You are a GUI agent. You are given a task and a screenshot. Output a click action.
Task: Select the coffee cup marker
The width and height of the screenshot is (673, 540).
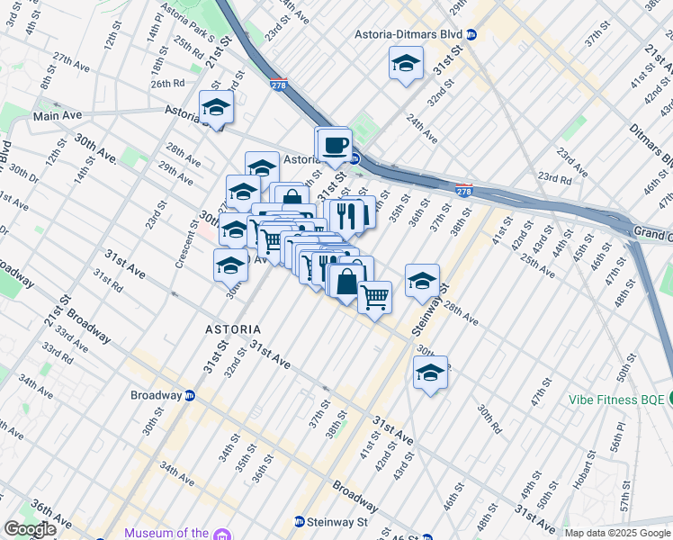pyautogui.click(x=336, y=144)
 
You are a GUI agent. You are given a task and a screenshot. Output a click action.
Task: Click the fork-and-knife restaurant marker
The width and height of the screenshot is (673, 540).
pyautogui.click(x=346, y=215)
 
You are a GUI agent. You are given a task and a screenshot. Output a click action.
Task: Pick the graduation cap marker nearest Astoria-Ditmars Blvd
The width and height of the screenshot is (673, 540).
pyautogui.click(x=406, y=63)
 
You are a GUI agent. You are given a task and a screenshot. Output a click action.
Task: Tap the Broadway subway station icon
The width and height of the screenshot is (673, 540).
pyautogui.click(x=190, y=395)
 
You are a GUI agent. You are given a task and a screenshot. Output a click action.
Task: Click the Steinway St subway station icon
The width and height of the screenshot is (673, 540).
pyautogui.click(x=300, y=521)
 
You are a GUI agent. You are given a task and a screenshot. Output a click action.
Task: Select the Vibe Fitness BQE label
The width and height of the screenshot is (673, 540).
pyautogui.click(x=616, y=400)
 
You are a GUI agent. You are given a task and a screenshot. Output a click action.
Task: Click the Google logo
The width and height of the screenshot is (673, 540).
pyautogui.click(x=29, y=529)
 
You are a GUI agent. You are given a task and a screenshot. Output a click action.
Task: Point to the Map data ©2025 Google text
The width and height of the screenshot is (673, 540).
pyautogui.click(x=617, y=533)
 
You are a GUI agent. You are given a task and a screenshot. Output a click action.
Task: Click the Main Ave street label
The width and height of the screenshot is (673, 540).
pyautogui.click(x=58, y=116)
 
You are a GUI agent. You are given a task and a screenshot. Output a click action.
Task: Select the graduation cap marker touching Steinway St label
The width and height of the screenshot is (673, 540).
pyautogui.click(x=422, y=282)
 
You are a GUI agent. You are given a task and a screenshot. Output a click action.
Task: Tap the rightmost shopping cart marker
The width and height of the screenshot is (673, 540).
pyautogui.click(x=375, y=295)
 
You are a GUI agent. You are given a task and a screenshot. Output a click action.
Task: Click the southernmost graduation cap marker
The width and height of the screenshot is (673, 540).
pyautogui.click(x=430, y=372)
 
